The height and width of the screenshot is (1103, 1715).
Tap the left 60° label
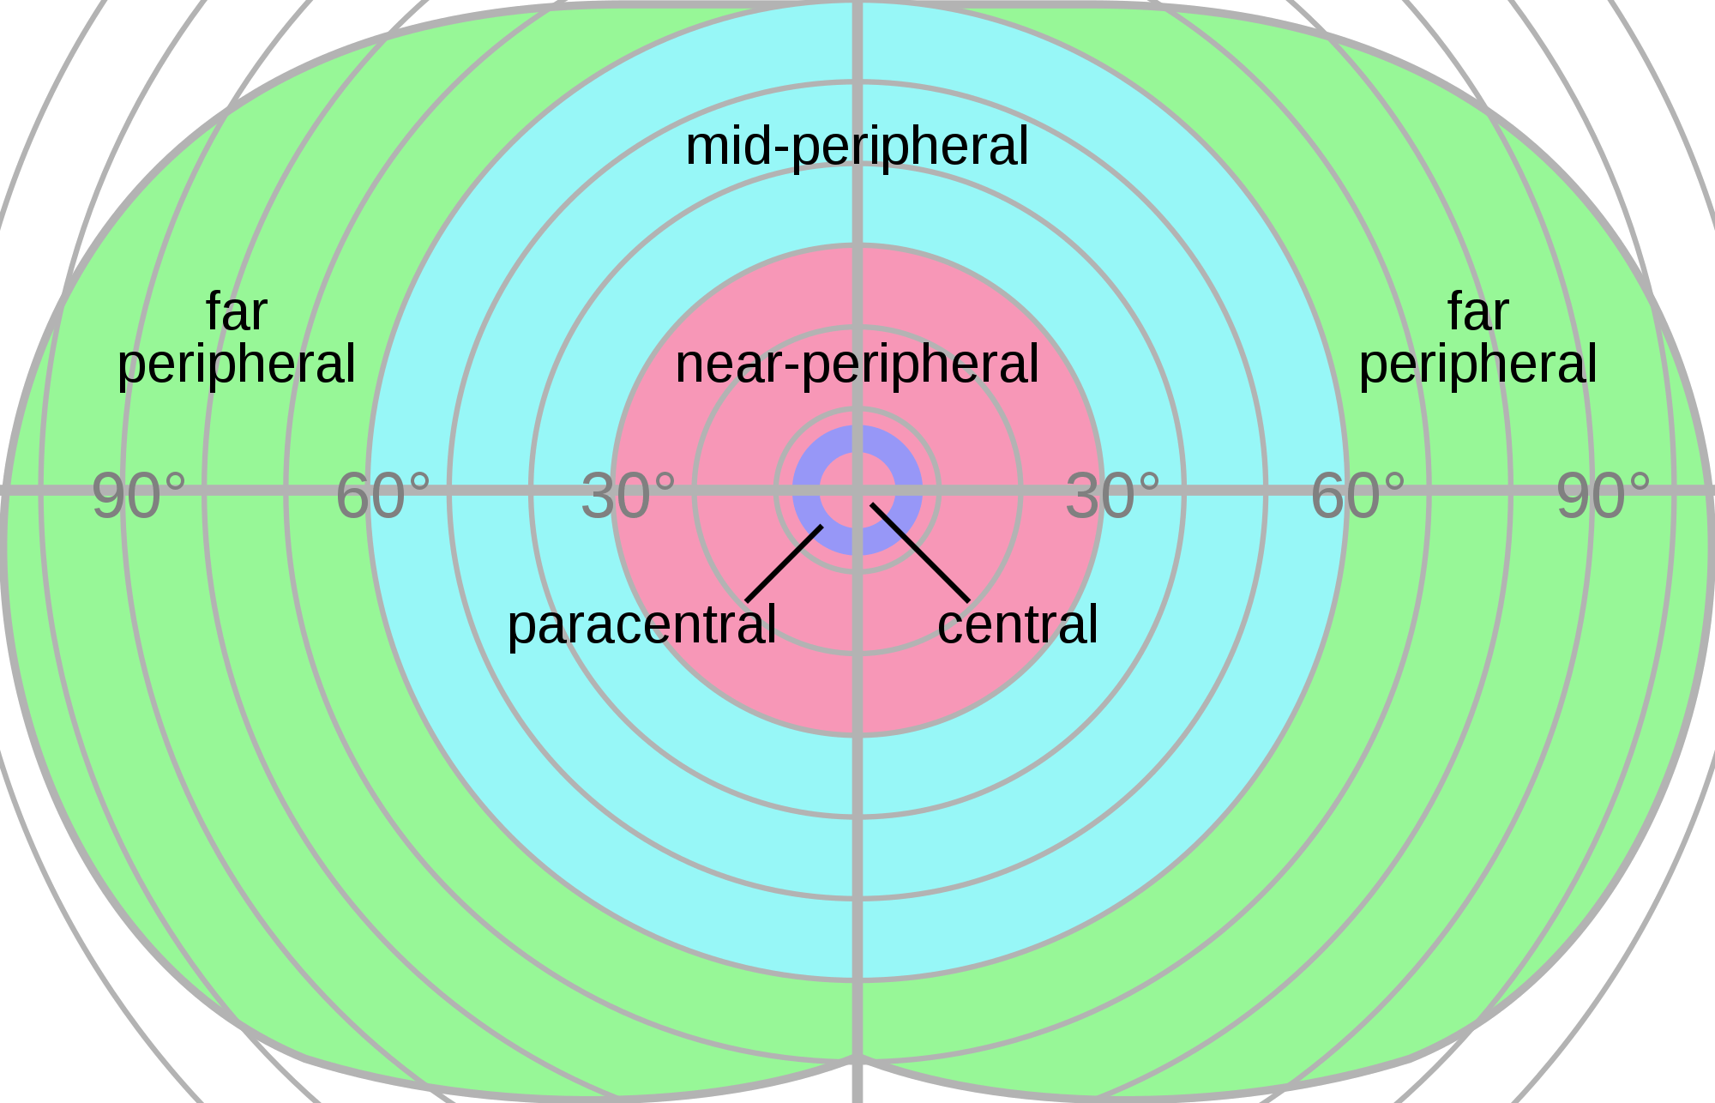tap(383, 497)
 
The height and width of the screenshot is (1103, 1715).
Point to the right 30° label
tap(1113, 497)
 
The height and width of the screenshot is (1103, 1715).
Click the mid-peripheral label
tap(857, 147)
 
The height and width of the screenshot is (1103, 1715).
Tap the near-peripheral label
tap(857, 365)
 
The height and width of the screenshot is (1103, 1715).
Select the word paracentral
tap(642, 625)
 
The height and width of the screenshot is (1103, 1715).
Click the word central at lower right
tap(1018, 625)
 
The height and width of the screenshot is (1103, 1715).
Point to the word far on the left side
tap(237, 311)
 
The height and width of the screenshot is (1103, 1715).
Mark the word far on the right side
tap(1478, 311)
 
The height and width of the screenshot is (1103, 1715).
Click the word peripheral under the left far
tap(237, 365)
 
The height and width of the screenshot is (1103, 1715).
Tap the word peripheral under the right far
tap(1478, 365)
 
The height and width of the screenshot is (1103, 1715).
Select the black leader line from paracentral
tap(784, 564)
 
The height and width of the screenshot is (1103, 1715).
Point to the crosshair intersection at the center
tap(857, 491)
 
